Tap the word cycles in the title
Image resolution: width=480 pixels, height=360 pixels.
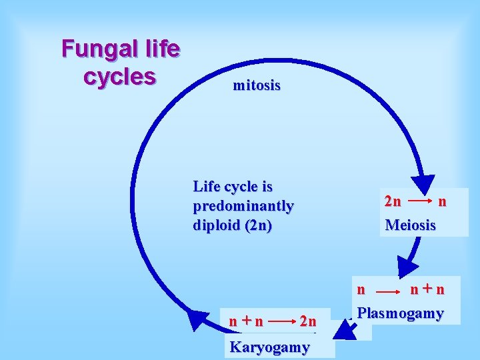120,75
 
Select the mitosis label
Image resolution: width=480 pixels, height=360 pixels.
257,85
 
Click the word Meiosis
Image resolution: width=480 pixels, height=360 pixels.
410,225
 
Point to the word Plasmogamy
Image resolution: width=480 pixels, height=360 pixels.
400,313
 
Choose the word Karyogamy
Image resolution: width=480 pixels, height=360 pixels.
269,347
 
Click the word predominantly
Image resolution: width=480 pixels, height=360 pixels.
243,205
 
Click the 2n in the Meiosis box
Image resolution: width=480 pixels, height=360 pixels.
393,201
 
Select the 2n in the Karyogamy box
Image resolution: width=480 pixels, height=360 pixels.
307,321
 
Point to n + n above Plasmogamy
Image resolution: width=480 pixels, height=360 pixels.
427,289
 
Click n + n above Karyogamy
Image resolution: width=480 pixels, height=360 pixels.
246,321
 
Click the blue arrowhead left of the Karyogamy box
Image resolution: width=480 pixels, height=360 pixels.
197,320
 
